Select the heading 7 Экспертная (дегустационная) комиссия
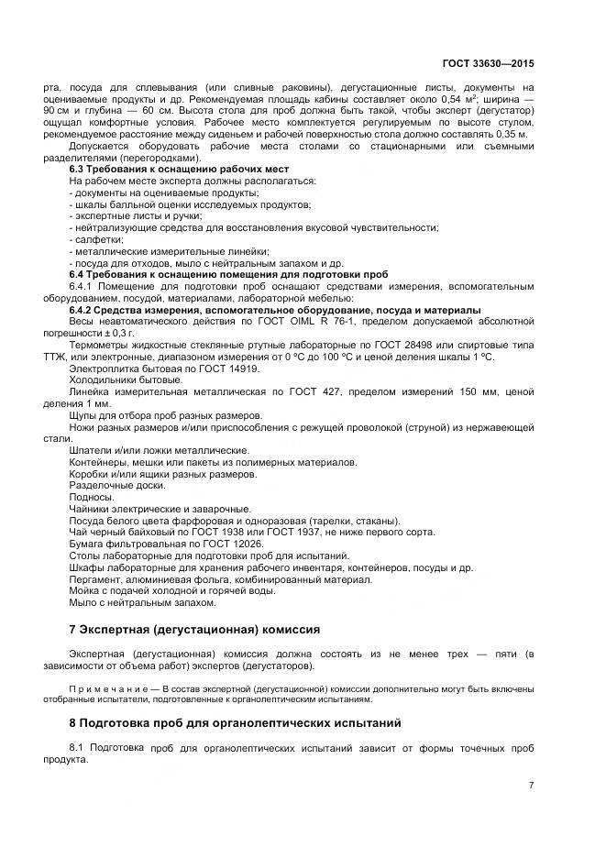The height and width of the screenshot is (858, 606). [194, 630]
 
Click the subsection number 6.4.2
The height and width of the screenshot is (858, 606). [84, 309]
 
